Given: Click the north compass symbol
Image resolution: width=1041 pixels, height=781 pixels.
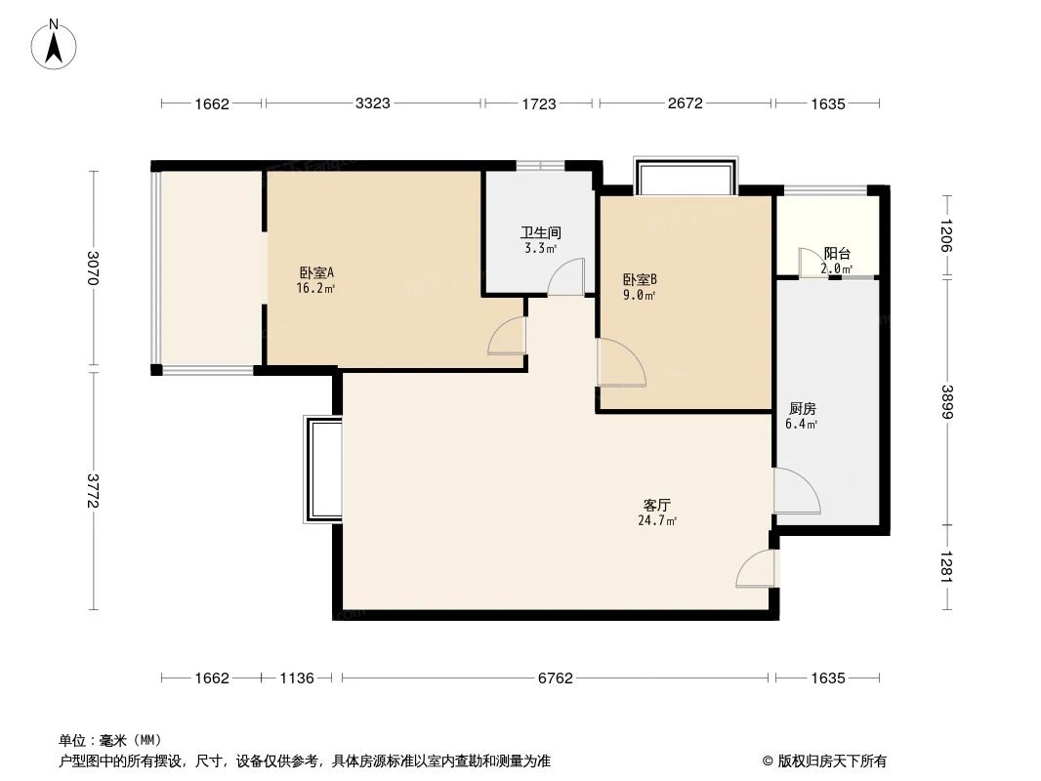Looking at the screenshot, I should [x=56, y=43].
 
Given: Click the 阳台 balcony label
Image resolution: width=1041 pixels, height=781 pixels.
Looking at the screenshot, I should [x=837, y=253].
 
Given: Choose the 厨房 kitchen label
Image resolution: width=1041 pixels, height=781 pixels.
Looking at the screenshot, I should [x=801, y=409].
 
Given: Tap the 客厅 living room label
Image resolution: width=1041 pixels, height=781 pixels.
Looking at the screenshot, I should [x=656, y=505].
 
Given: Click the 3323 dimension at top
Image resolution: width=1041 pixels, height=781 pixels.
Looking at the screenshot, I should [x=373, y=103].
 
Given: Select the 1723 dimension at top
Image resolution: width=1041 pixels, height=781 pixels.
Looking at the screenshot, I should [x=538, y=103].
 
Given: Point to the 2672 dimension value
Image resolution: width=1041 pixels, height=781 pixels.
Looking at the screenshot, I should [x=686, y=103].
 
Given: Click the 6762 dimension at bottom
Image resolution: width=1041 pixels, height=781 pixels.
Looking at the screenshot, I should [x=555, y=678].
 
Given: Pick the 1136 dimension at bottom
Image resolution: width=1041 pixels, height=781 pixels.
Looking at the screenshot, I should [x=297, y=678].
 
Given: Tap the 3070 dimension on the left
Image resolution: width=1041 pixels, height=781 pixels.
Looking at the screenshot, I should [x=94, y=269].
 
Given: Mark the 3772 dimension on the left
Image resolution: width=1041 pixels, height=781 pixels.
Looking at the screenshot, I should [x=94, y=491].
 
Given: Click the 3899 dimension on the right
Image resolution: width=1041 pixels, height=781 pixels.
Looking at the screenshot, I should [x=945, y=402].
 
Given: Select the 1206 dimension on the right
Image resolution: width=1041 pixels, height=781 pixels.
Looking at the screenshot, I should [x=945, y=235].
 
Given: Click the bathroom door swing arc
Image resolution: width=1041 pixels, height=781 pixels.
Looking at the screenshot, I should [x=566, y=276].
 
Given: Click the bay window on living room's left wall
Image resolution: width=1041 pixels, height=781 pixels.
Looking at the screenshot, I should [x=322, y=470].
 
